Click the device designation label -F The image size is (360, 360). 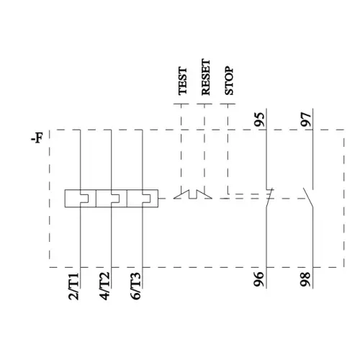(x=37, y=138)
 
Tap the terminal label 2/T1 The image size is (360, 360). (x=73, y=287)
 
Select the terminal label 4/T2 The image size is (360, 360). (x=104, y=287)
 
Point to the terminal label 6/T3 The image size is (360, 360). (x=135, y=287)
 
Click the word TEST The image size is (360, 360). (x=183, y=81)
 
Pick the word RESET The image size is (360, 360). (x=206, y=77)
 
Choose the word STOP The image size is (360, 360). (x=229, y=81)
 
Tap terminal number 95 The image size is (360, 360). (x=260, y=120)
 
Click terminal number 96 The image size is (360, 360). (x=259, y=279)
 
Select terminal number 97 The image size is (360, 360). (x=306, y=120)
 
